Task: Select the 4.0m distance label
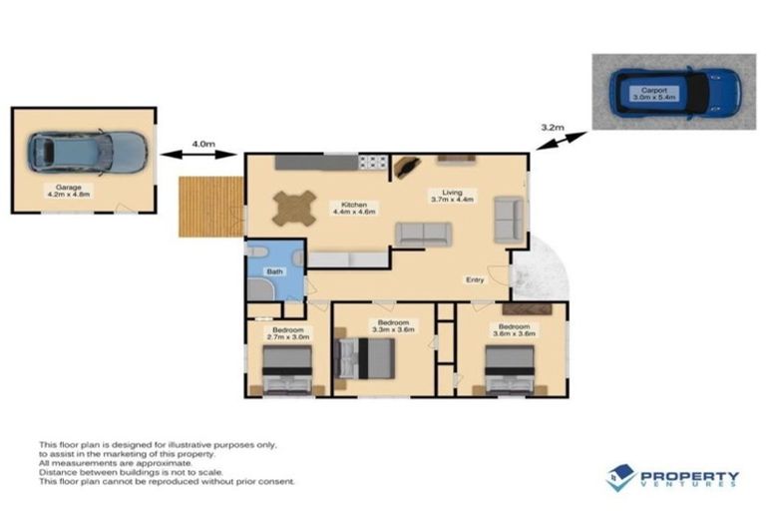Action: click(202, 144)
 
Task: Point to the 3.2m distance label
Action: click(552, 128)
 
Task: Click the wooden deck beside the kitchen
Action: click(210, 207)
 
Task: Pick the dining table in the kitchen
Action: click(294, 208)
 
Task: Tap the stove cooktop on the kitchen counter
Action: click(372, 162)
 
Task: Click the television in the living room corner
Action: click(406, 167)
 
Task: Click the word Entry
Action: click(475, 279)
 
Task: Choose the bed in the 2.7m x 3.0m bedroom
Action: click(287, 377)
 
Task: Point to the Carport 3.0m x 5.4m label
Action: click(659, 93)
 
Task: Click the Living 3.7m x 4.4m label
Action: click(453, 196)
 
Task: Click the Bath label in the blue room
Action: click(274, 270)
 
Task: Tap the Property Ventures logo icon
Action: click(620, 477)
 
